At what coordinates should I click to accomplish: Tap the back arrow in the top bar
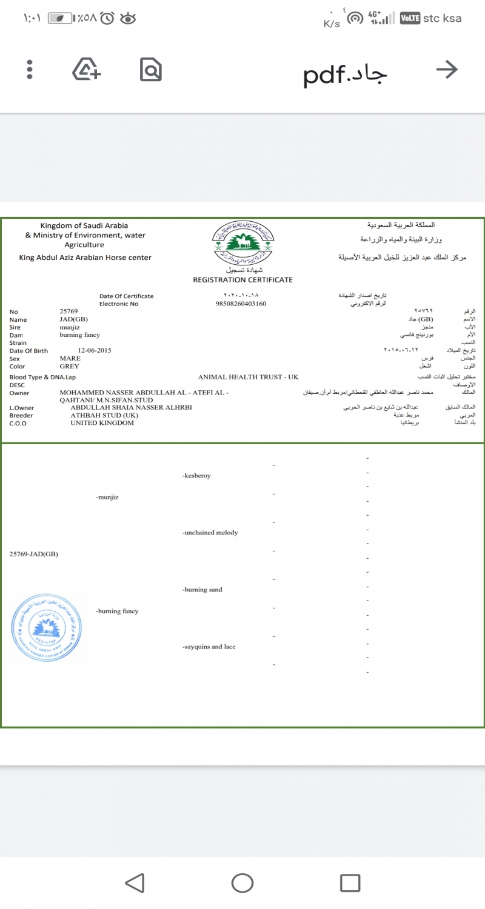(446, 70)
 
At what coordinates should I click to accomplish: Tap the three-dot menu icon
(29, 70)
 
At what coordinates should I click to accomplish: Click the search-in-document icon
(150, 70)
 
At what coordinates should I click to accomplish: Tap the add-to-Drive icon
(87, 70)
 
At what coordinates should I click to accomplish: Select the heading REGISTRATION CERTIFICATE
(242, 280)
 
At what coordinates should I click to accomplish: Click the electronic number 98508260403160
(241, 304)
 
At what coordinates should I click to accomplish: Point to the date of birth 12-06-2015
(95, 350)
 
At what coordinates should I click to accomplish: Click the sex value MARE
(70, 358)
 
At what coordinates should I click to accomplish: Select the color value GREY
(69, 366)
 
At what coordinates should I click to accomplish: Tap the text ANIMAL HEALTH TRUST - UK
(249, 377)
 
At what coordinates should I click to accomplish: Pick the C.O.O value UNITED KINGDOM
(102, 422)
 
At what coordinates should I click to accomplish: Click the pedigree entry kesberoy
(196, 476)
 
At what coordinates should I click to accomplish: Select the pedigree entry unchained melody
(210, 533)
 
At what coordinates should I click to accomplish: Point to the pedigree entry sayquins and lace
(209, 647)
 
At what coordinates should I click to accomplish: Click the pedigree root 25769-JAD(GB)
(34, 554)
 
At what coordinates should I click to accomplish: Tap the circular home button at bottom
(242, 882)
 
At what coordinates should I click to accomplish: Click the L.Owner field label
(22, 408)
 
